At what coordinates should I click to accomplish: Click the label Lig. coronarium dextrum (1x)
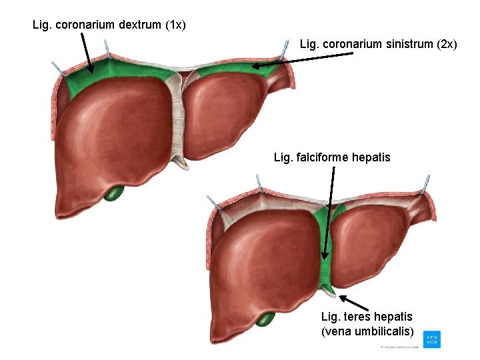pos(109,25)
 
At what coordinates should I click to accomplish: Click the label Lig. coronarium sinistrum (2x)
pos(378,45)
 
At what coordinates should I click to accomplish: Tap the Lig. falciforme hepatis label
pos(332,157)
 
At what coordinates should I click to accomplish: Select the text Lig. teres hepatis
pos(367,317)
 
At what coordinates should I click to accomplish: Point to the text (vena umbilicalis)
pos(367,331)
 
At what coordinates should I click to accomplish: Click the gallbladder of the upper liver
pos(115,193)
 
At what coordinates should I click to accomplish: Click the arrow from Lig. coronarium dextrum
pos(87,53)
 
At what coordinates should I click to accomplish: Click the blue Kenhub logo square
pos(431,339)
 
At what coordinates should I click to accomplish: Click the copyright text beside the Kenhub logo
pos(399,347)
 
